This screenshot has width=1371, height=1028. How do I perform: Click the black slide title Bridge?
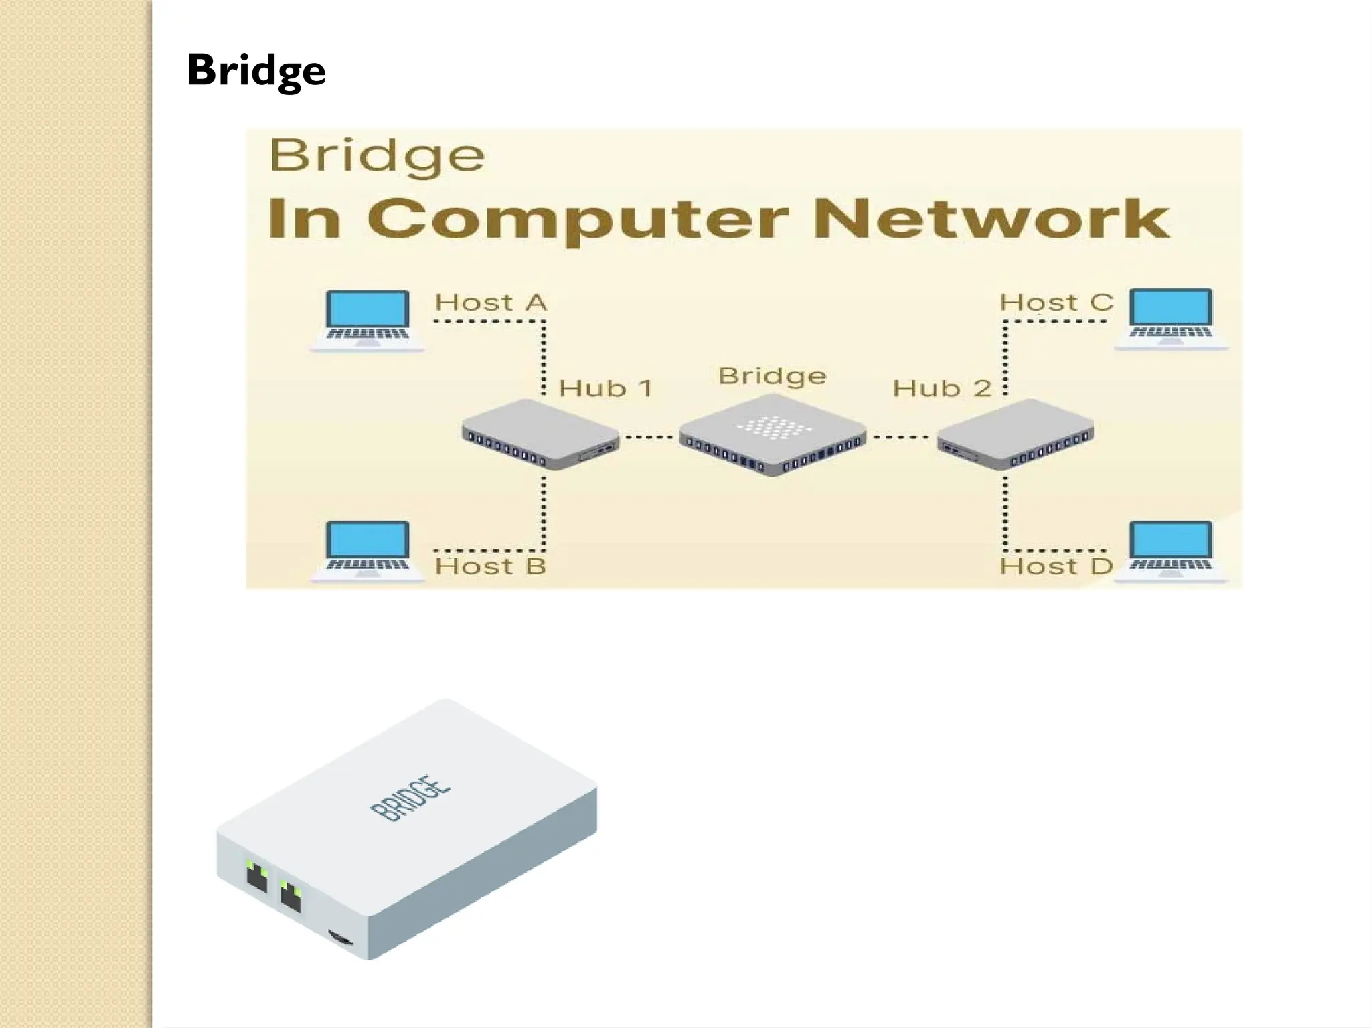[256, 70]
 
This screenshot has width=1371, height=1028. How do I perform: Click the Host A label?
[491, 302]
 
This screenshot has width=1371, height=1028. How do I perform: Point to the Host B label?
[491, 566]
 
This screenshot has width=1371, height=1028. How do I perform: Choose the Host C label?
[1056, 302]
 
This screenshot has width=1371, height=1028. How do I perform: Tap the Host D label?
[1056, 566]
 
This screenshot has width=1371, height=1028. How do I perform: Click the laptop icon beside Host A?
[367, 320]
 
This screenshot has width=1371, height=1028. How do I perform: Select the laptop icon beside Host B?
[368, 551]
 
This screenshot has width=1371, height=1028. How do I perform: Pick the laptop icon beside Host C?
[1171, 319]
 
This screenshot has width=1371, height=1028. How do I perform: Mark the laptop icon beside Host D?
[1171, 551]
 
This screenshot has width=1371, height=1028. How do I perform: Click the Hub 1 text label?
[605, 388]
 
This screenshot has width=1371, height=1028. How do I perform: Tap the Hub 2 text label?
[942, 388]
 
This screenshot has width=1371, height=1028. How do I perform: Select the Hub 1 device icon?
[540, 434]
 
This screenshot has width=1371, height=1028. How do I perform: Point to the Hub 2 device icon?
[1015, 434]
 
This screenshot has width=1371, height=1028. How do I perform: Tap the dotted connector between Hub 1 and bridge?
[648, 437]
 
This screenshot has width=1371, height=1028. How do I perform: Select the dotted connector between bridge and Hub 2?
[901, 437]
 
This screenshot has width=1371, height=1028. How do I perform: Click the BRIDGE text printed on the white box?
[410, 798]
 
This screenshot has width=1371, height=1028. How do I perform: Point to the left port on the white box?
[257, 876]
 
